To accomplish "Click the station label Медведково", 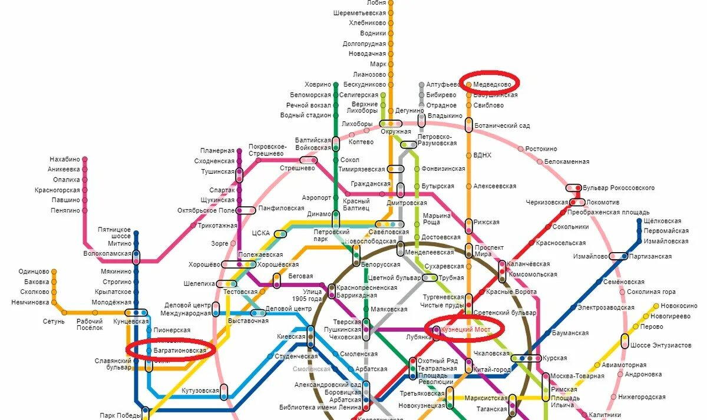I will pos(492,84).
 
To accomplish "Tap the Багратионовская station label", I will pos(180,350).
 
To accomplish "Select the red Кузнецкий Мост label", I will pos(465,329).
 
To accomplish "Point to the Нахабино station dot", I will pos(85,159).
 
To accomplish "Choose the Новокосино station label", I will pos(682,306).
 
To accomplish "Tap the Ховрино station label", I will pos(318,84).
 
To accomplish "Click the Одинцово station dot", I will pos(54,272).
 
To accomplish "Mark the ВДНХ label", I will pos(482,156).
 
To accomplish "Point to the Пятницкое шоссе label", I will pos(115,232).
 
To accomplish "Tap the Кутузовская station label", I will pos(200,391).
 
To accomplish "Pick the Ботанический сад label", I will pos(502,125).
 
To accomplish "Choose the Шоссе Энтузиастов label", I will pos(660,345).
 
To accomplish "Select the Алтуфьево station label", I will pos(442,85).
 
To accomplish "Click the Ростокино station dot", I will pos(521,149).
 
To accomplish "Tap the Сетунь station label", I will pos(54,322).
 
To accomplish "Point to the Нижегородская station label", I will pos(645,397).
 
